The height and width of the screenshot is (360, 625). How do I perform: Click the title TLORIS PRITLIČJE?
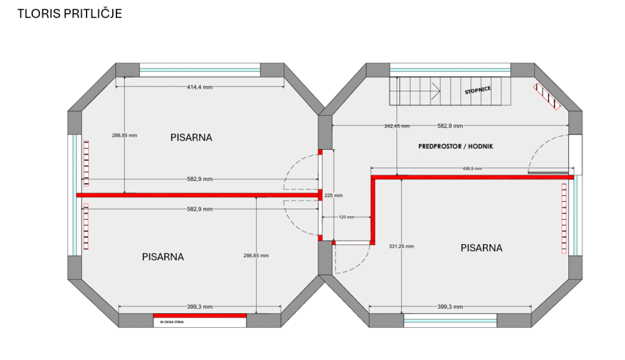click(70, 13)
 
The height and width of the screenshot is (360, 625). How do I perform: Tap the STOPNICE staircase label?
click(478, 91)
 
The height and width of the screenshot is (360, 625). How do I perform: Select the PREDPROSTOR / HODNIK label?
click(456, 147)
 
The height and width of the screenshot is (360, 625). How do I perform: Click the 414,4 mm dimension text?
click(200, 87)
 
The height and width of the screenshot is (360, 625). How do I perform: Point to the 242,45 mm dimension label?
click(397, 126)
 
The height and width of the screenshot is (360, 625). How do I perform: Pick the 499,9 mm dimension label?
click(472, 168)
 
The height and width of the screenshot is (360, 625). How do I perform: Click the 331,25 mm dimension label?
click(401, 246)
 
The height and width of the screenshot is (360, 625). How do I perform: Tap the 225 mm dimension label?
click(334, 195)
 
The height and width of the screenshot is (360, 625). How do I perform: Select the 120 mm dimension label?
click(347, 217)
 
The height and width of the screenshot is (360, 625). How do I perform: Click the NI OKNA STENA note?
click(172, 322)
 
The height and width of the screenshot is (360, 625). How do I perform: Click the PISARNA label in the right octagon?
click(481, 248)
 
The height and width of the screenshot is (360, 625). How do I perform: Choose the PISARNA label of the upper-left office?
click(191, 138)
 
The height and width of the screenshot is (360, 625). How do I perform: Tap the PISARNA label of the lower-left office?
click(163, 257)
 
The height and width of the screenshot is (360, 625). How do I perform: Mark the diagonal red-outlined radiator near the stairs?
click(547, 96)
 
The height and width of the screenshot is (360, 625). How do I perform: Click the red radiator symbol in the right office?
click(564, 219)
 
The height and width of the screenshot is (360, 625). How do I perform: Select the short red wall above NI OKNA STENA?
click(200, 316)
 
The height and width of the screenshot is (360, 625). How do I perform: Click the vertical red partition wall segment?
click(373, 210)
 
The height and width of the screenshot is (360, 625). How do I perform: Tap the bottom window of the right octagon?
click(450, 321)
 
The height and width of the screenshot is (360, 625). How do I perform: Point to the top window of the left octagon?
click(200, 70)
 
